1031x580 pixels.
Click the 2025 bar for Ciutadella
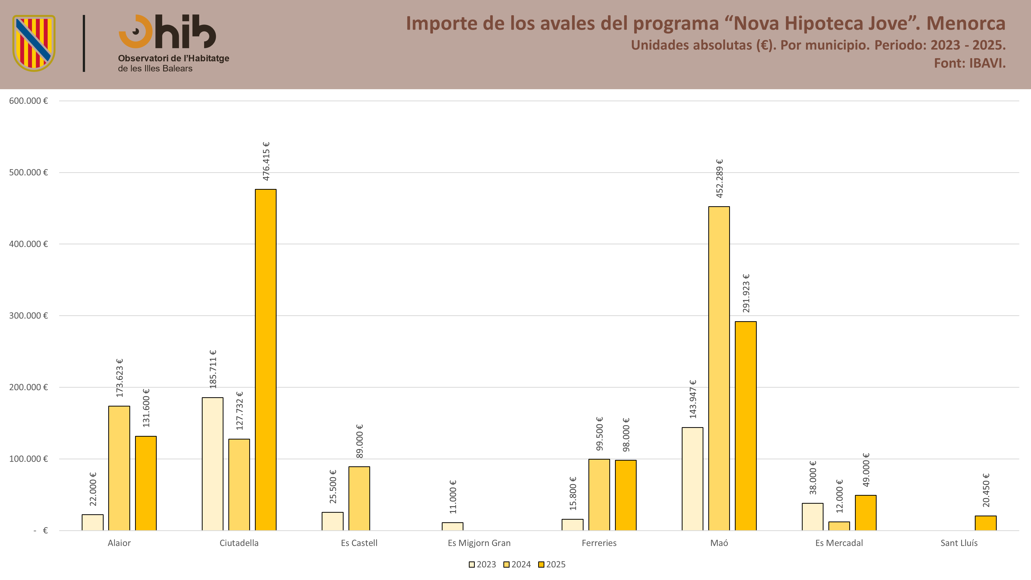tap(266, 360)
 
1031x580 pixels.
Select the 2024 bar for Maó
tap(719, 368)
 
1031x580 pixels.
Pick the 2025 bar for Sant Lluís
tap(985, 523)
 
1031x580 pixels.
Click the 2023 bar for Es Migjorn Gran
tap(452, 526)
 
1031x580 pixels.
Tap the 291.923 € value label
tap(746, 293)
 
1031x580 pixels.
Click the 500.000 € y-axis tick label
tap(28, 172)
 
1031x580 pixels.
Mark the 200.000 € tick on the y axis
tap(28, 387)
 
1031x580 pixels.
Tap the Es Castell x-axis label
tap(359, 543)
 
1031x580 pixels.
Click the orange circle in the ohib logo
tap(136, 32)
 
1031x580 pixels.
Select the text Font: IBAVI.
tap(970, 63)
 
